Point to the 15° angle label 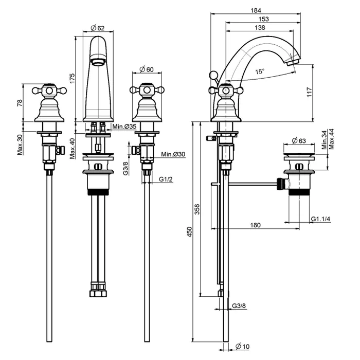[261, 72]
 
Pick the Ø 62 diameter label [97, 28]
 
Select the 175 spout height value [73, 78]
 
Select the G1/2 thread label [165, 179]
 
